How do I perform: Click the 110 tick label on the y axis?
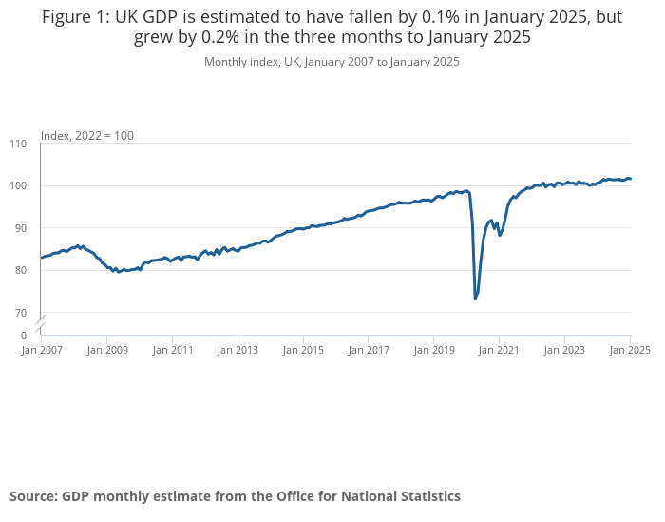19,144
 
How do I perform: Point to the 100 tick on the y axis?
19,185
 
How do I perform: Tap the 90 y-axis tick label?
21,228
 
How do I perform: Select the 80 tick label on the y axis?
21,270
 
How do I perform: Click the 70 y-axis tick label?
21,313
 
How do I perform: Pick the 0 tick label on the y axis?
24,336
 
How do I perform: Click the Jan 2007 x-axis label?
41,350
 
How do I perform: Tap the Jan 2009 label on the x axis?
107,350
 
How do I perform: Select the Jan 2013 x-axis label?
237,350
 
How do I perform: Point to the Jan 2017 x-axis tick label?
368,350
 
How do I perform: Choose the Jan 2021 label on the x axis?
498,350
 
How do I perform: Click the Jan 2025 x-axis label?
629,350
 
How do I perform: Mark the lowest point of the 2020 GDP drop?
475,299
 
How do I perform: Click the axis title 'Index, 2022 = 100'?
87,136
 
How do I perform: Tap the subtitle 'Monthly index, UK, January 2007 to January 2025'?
332,62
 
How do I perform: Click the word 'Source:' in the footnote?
33,496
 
